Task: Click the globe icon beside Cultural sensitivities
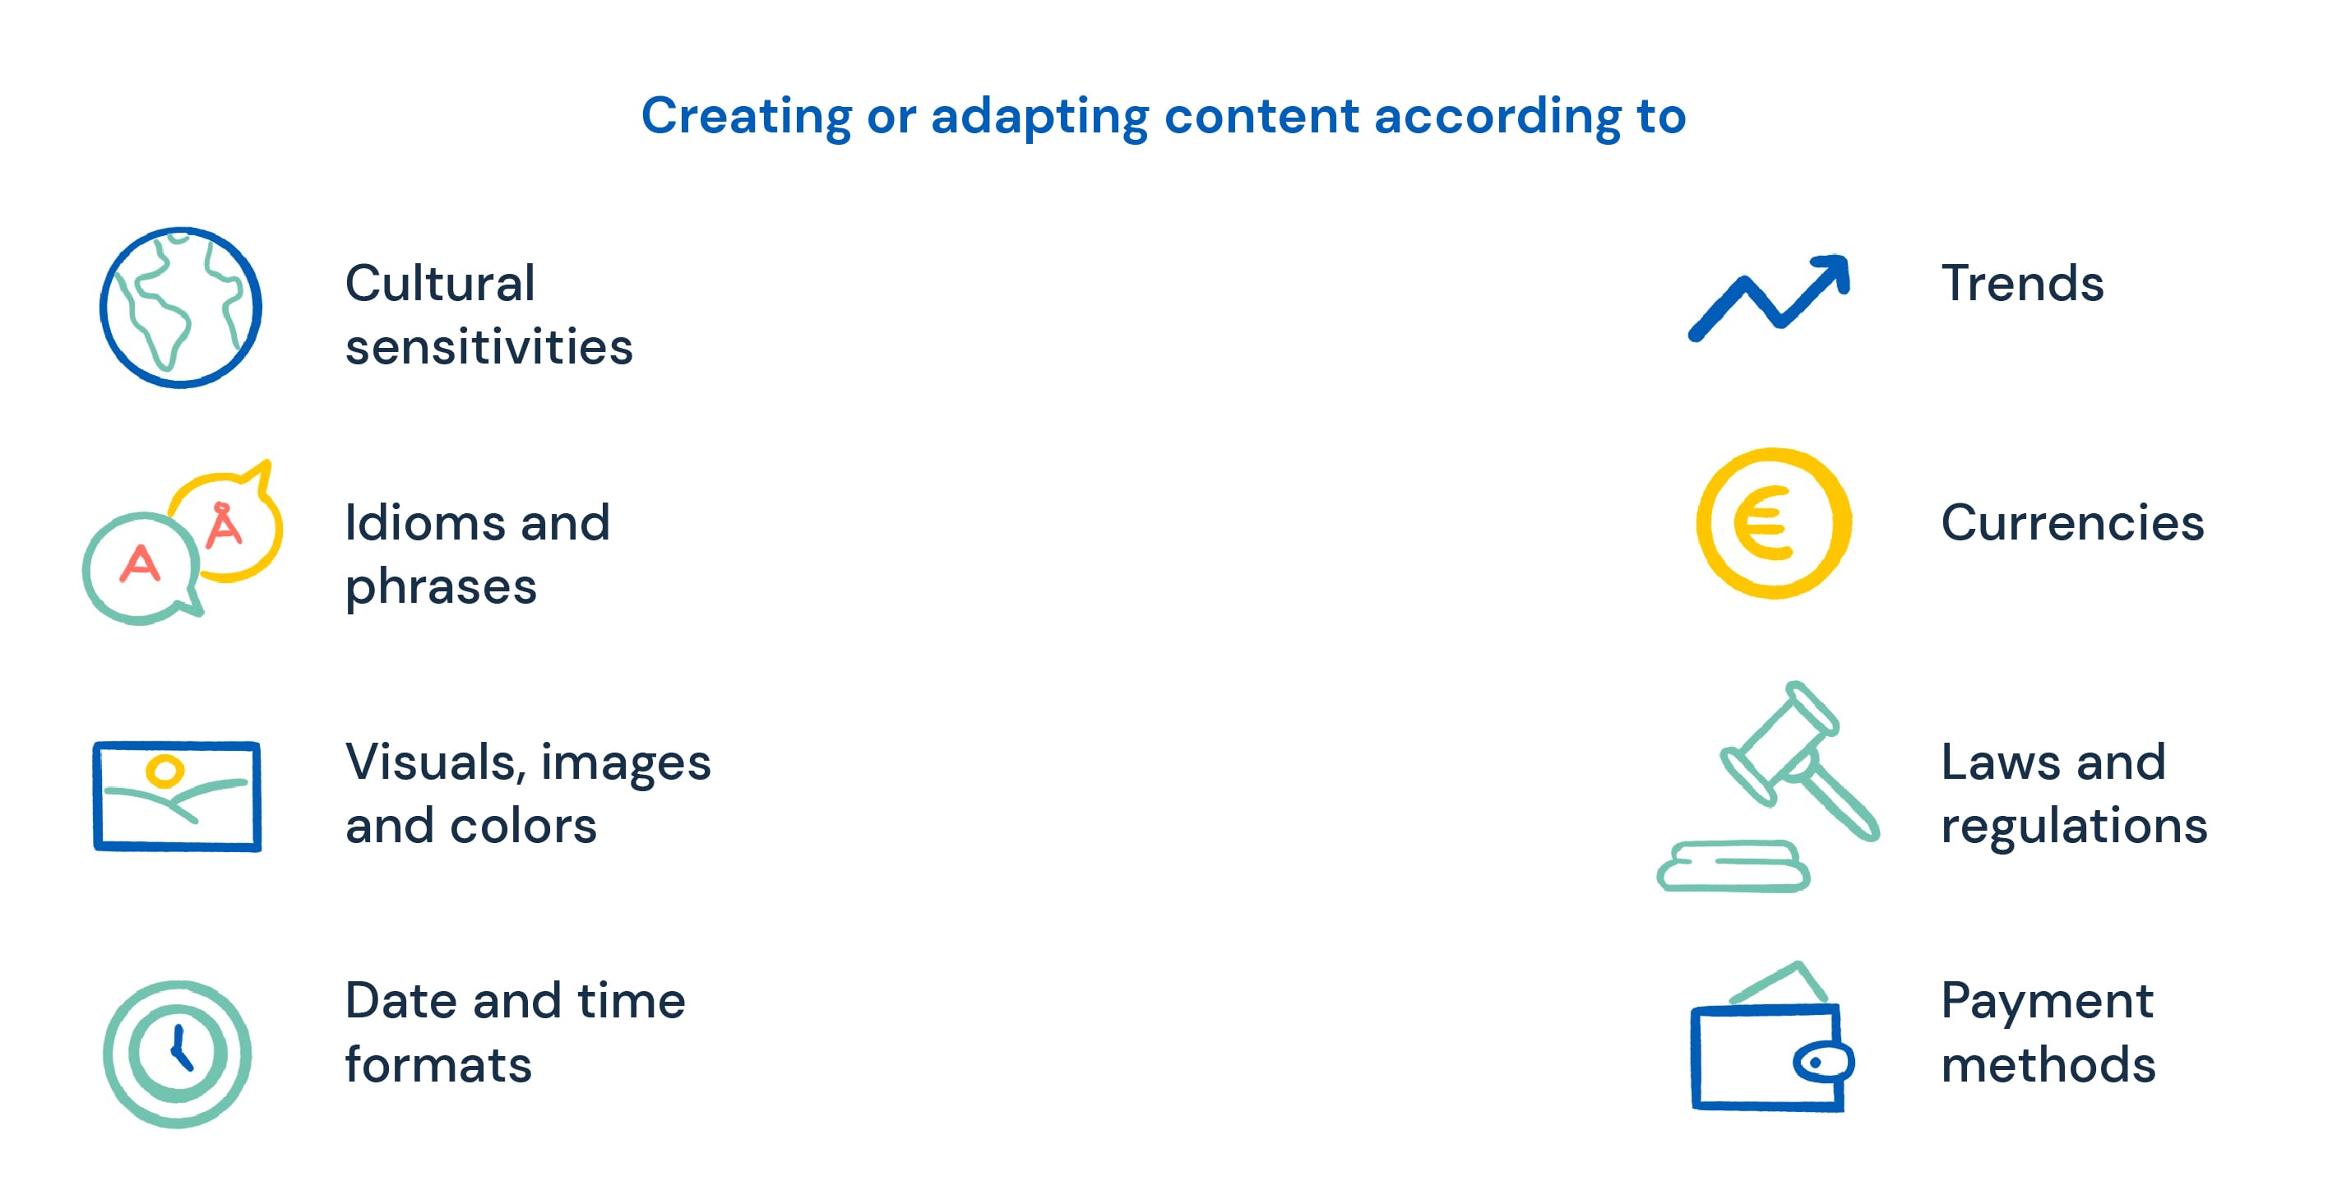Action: click(181, 308)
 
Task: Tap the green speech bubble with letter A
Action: click(140, 568)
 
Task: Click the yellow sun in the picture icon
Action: click(165, 771)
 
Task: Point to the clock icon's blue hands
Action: click(180, 1049)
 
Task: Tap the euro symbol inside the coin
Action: click(1762, 523)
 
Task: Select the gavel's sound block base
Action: click(1733, 867)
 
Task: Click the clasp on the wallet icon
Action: click(1823, 1063)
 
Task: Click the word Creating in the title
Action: click(747, 117)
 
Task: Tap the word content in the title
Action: click(1261, 117)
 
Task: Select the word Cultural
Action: click(440, 283)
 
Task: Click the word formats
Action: click(438, 1064)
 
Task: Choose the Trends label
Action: click(2021, 283)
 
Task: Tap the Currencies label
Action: click(2072, 522)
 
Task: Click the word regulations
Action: click(2074, 826)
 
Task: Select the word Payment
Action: click(2047, 1001)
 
